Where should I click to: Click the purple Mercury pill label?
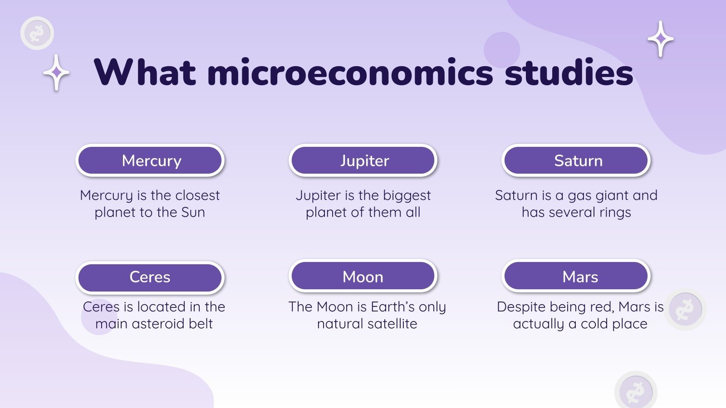150,160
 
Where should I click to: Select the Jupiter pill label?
363,160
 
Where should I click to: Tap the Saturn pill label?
576,160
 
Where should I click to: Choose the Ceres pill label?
150,277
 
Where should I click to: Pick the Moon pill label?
363,277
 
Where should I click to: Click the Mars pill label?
576,277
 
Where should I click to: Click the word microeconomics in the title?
350,73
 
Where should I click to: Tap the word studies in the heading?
569,73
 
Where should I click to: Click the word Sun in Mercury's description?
193,212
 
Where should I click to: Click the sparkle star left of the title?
56,73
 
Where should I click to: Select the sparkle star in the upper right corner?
661,39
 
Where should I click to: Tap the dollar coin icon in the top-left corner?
37,33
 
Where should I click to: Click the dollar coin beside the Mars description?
685,310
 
